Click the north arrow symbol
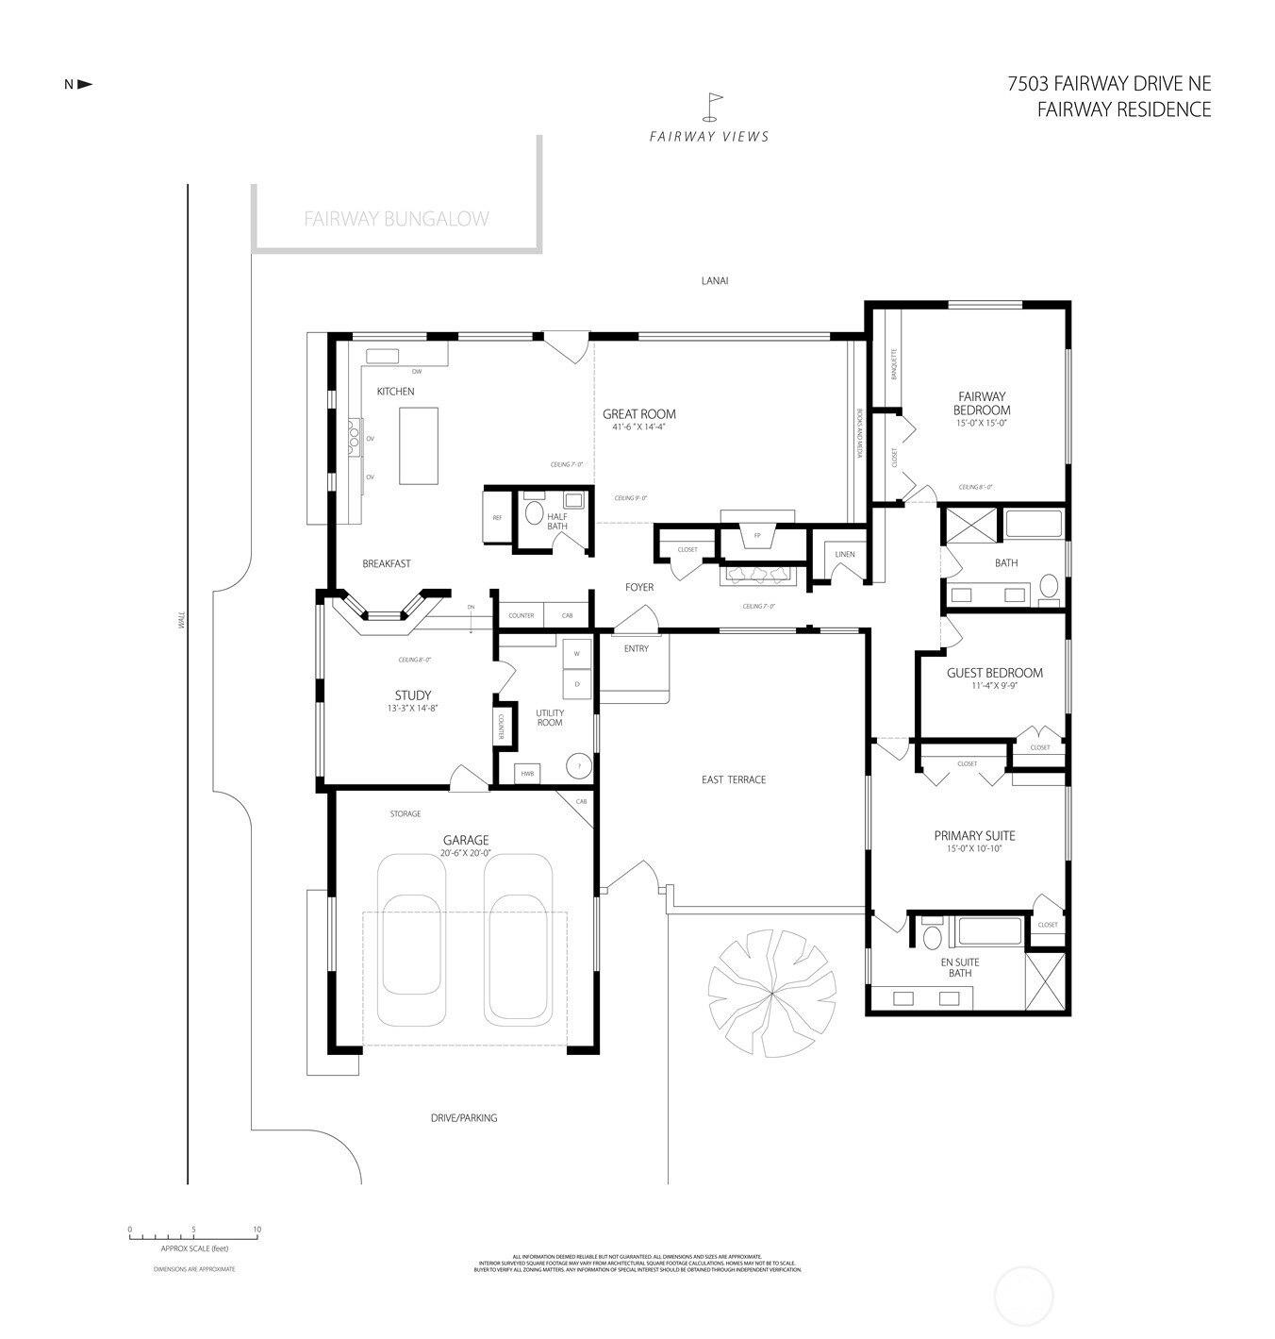pos(84,84)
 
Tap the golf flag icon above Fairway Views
pos(715,105)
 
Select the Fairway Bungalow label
pos(396,219)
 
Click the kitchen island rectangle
pos(419,444)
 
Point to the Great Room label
pos(639,413)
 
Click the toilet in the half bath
pos(534,513)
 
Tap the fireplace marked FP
pos(756,536)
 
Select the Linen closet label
pos(845,554)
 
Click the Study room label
pos(413,695)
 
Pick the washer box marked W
pos(576,653)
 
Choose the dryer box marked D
pos(576,683)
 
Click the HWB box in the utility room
pos(527,774)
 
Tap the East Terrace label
pos(734,779)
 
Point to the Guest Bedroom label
pos(995,673)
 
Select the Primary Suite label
pos(974,835)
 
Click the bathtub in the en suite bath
pos(988,932)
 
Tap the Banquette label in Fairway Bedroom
pos(893,364)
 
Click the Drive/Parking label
pos(464,1117)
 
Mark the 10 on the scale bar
pos(257,1230)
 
